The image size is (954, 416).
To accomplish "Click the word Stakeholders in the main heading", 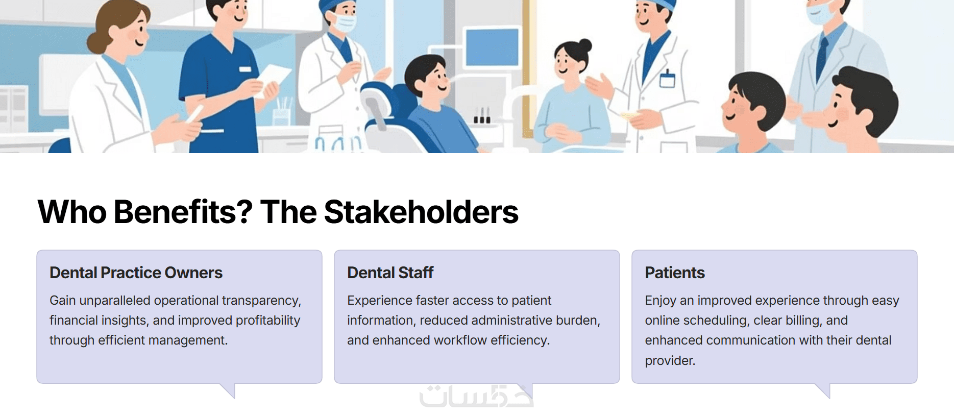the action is (x=421, y=212).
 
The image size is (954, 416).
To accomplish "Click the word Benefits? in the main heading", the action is (x=183, y=212).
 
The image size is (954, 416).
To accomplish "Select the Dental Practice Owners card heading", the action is (x=136, y=273).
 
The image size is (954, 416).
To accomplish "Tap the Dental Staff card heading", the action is (x=390, y=273).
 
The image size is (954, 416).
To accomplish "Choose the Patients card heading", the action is (x=675, y=273).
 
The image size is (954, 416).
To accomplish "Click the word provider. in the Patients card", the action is (x=670, y=360).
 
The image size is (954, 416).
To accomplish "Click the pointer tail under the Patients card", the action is (x=822, y=390).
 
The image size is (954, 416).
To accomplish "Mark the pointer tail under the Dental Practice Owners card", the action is (x=227, y=390).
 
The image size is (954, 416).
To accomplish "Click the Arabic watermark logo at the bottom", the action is (x=477, y=397).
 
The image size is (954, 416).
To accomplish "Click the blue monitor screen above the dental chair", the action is (x=492, y=47).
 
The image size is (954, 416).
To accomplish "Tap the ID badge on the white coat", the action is (x=667, y=80).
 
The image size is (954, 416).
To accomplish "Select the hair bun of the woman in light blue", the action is (x=585, y=45).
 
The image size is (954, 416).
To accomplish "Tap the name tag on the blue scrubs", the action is (x=245, y=69).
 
